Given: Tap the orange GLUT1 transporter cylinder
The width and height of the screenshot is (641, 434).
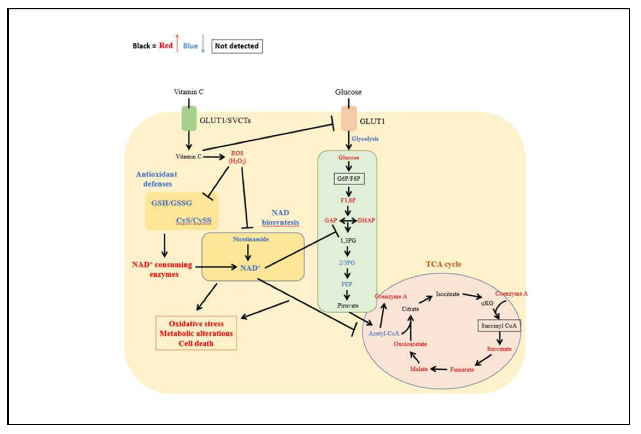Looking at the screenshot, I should pyautogui.click(x=349, y=119).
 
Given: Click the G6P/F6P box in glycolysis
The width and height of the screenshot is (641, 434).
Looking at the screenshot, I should pyautogui.click(x=349, y=179).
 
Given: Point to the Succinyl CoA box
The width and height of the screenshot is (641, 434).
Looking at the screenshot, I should pyautogui.click(x=499, y=326).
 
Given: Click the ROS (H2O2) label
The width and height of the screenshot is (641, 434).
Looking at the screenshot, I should pyautogui.click(x=237, y=157).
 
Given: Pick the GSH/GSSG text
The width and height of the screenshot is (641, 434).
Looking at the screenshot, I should pyautogui.click(x=171, y=203).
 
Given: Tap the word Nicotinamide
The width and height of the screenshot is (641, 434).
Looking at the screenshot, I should pyautogui.click(x=250, y=239).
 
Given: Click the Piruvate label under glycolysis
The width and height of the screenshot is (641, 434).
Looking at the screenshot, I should pyautogui.click(x=348, y=305).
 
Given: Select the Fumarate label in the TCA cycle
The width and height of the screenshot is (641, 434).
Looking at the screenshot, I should pyautogui.click(x=462, y=370).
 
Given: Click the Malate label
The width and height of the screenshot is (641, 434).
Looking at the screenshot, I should pyautogui.click(x=418, y=369).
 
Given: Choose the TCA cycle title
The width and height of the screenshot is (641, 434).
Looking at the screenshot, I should pyautogui.click(x=443, y=264).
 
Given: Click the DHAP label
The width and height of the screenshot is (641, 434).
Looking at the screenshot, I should pyautogui.click(x=366, y=220).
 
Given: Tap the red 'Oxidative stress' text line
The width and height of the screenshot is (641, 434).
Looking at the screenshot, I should pyautogui.click(x=196, y=324).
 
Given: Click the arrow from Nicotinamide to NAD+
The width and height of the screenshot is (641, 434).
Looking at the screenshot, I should pyautogui.click(x=248, y=252).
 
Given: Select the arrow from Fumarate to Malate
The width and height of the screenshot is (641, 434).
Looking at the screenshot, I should pyautogui.click(x=439, y=369).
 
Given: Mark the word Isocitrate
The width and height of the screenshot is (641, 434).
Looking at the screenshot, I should pyautogui.click(x=447, y=294).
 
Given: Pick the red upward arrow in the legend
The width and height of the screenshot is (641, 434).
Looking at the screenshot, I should pyautogui.click(x=177, y=43).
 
